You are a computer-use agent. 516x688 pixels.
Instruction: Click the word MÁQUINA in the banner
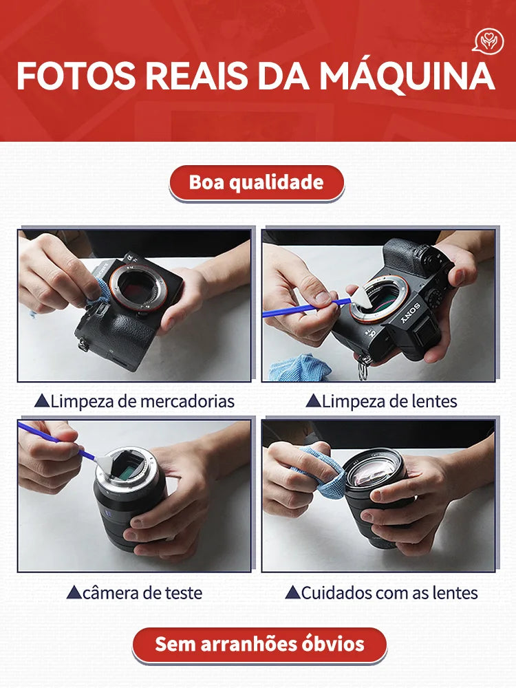tap(406, 76)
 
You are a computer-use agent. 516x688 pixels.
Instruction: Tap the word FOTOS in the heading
tap(75, 76)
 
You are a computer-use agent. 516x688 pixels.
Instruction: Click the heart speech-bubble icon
tap(488, 41)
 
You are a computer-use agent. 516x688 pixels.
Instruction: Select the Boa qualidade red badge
tap(257, 182)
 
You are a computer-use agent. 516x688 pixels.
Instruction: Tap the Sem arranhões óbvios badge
tap(259, 644)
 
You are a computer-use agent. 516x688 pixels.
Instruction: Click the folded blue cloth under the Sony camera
tap(294, 368)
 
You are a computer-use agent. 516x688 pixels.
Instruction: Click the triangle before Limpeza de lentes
tap(313, 400)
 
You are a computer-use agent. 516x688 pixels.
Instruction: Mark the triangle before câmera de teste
tap(74, 592)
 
